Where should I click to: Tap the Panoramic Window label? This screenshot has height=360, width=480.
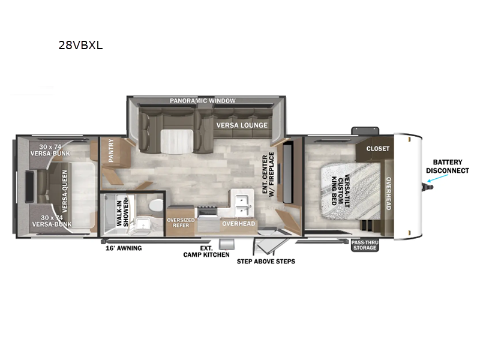pos(202,101)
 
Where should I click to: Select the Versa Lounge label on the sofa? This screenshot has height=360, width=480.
pos(242,125)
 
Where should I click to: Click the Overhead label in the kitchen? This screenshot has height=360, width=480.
pos(238,224)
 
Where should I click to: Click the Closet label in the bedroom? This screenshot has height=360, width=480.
pos(378,148)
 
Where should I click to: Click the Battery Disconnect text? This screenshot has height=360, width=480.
pos(448,166)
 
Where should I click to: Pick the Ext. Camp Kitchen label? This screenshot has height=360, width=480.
pos(206,251)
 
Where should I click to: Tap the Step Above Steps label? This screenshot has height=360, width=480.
pos(266,261)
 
